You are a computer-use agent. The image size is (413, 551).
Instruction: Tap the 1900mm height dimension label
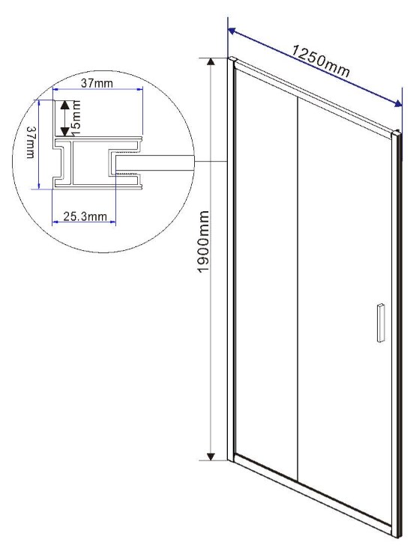tap(203, 242)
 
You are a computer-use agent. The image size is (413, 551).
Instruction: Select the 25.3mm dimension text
tap(85, 216)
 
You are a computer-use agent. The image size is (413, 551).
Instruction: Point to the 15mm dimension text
tap(76, 118)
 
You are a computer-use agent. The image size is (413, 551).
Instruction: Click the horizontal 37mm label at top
tap(97, 83)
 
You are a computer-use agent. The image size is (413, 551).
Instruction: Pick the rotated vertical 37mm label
tap(31, 143)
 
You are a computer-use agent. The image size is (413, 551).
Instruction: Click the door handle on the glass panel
tap(380, 322)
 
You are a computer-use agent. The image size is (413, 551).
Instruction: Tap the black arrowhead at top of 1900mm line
tap(211, 61)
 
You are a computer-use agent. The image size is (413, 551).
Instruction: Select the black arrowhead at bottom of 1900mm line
tap(211, 457)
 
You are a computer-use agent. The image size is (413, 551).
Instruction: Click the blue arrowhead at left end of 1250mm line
tap(232, 31)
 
